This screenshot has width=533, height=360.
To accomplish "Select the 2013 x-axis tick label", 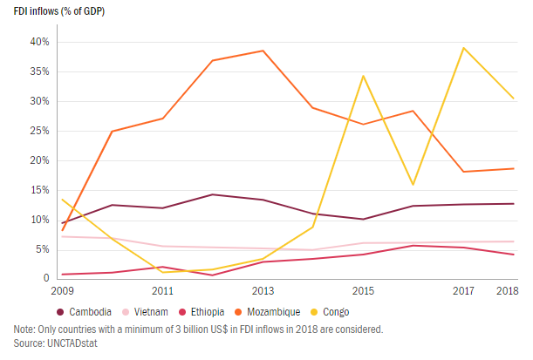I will [x=263, y=289].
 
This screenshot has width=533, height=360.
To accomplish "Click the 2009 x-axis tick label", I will [x=63, y=289].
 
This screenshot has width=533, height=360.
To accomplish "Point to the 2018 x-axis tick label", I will [x=505, y=289].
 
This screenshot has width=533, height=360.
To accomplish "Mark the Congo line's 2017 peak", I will [x=463, y=48].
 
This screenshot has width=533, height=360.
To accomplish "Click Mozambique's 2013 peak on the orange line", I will [x=263, y=51].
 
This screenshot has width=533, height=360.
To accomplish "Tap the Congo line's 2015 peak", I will [x=363, y=76].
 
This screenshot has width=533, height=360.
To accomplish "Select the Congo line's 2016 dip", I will [x=413, y=185].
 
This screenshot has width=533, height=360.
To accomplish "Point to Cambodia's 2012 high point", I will [x=213, y=194].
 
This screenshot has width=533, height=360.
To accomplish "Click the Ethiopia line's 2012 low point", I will [x=213, y=275].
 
